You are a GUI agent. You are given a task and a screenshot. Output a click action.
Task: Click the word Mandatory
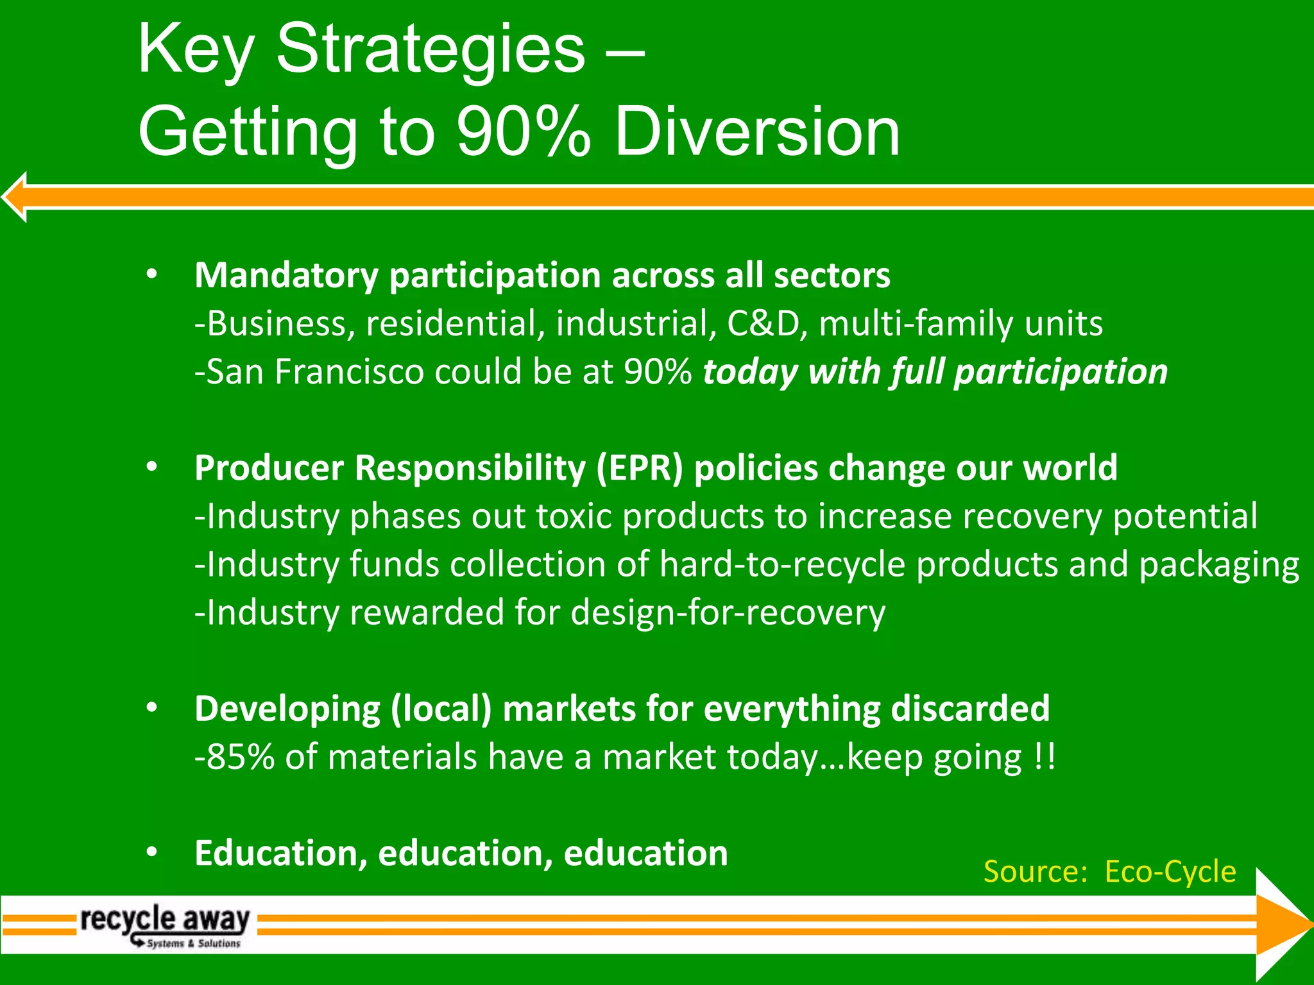pyautogui.click(x=286, y=276)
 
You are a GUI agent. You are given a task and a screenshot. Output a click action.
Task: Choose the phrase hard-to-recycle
pyautogui.click(x=782, y=564)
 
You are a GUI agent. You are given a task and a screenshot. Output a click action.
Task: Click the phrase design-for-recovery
pyautogui.click(x=728, y=612)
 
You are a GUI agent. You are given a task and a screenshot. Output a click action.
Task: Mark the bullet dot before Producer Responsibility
pyautogui.click(x=151, y=466)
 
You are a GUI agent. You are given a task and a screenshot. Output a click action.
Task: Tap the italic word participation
pyautogui.click(x=1061, y=372)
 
